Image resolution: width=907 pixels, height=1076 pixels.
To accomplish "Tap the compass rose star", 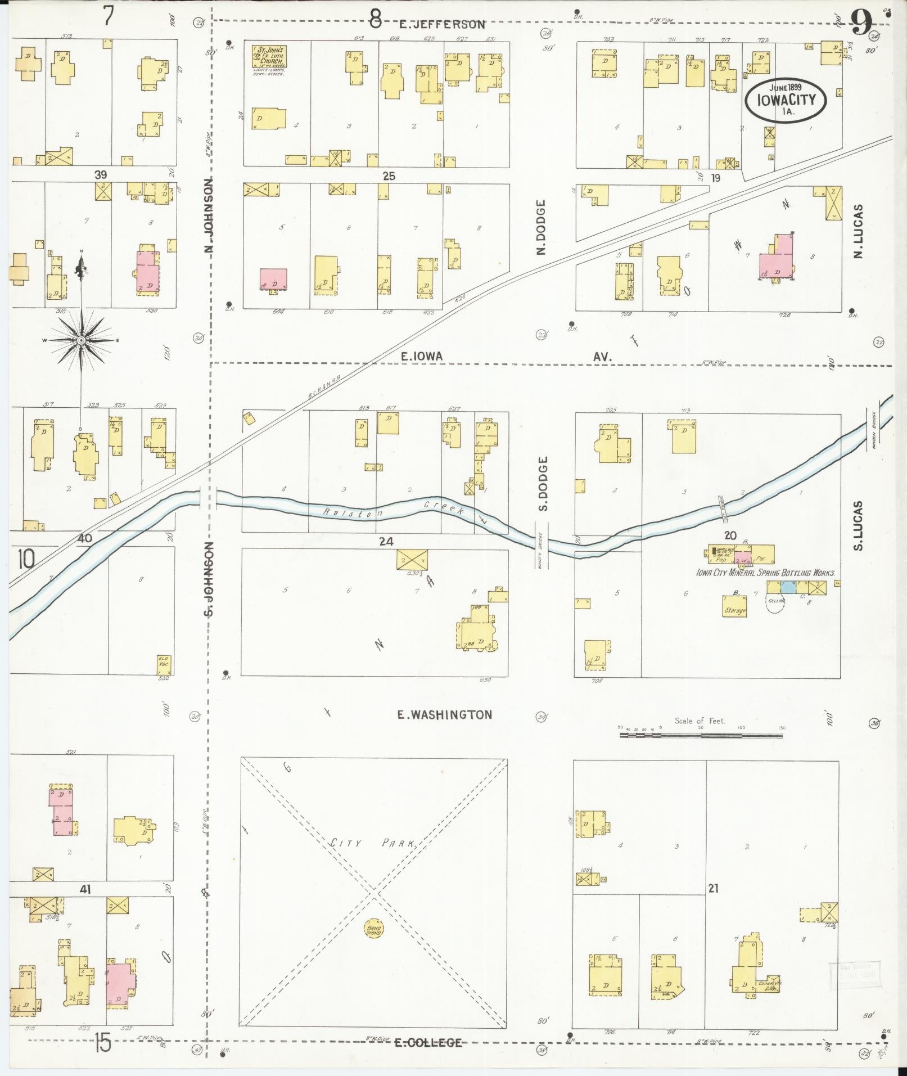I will pyautogui.click(x=81, y=340).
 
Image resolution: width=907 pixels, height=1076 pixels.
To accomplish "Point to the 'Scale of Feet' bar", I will pyautogui.click(x=701, y=735).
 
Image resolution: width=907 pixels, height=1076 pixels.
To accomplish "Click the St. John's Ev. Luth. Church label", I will pyautogui.click(x=269, y=57).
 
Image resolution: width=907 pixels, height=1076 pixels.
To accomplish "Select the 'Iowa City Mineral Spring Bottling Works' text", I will pyautogui.click(x=765, y=573).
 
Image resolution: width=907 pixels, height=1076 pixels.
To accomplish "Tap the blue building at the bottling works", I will pyautogui.click(x=789, y=587).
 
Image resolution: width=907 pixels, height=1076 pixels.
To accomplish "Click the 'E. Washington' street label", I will pyautogui.click(x=444, y=715).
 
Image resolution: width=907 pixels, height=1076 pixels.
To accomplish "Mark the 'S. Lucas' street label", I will pyautogui.click(x=858, y=525).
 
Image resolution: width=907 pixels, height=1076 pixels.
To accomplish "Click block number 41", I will pyautogui.click(x=85, y=889).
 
